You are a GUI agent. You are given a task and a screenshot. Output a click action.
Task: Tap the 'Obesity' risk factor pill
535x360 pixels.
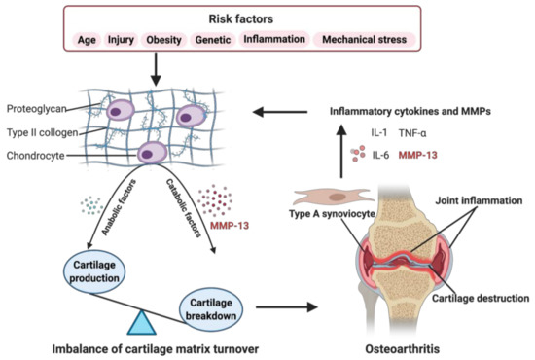(163, 40)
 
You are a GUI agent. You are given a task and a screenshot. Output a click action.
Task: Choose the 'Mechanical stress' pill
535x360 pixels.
(365, 40)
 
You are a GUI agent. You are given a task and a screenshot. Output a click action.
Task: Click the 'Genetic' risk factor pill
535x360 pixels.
(214, 40)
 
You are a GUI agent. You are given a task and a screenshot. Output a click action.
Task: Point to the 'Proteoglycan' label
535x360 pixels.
(36, 109)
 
